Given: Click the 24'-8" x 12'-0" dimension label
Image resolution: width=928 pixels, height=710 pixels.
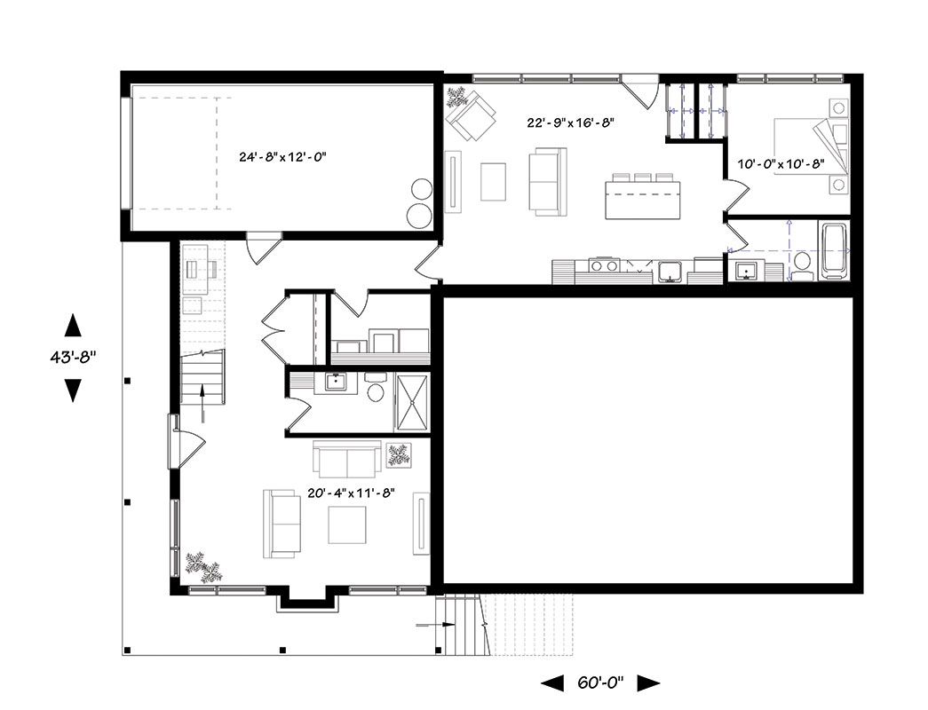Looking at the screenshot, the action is point(283,157).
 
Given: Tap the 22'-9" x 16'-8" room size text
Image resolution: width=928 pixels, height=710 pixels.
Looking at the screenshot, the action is point(570,122).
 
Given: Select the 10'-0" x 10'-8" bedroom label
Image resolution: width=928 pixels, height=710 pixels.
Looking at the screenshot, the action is point(781,164).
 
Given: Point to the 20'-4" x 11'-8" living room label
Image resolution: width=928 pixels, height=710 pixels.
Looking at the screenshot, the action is point(351,493).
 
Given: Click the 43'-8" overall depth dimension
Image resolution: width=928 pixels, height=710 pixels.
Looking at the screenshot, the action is point(73,358).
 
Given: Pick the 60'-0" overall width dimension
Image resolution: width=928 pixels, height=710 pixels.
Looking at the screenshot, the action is point(600,682).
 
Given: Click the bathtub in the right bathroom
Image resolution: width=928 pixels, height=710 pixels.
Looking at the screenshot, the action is point(835,250).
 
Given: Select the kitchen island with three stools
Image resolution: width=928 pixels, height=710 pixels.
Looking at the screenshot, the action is point(643,196).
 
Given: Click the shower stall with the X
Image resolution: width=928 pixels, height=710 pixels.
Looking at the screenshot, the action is point(413,402).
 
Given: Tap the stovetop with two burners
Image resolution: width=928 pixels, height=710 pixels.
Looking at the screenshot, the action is point(603,265).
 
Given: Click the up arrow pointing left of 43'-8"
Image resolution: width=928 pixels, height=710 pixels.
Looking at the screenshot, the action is point(73,325).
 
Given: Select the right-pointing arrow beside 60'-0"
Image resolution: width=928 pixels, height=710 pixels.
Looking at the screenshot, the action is point(648,683).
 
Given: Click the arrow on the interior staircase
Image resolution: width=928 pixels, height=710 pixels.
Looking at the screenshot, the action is point(202,402).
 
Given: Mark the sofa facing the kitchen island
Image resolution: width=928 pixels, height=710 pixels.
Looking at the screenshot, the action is point(547,181).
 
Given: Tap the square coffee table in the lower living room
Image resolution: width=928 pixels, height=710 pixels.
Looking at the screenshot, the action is point(347,525).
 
